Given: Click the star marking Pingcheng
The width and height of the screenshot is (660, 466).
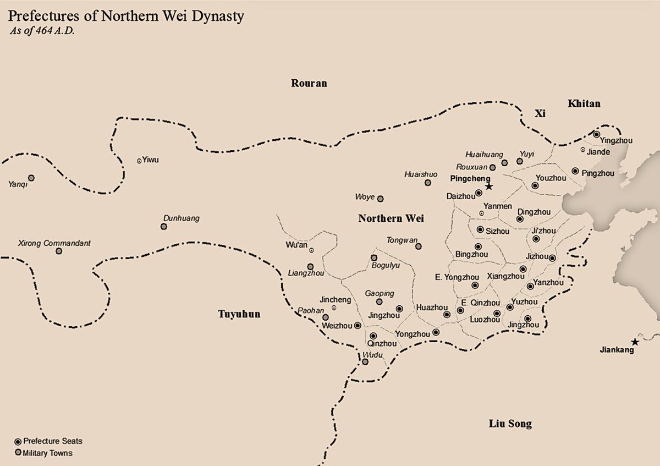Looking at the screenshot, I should click(489, 187).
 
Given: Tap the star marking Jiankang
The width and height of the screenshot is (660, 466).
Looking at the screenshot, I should click(635, 342).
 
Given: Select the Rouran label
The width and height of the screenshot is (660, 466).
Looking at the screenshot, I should click(309, 84).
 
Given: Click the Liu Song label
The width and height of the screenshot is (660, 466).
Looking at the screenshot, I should click(510, 424).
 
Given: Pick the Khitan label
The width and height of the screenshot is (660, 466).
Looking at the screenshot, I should click(584, 103).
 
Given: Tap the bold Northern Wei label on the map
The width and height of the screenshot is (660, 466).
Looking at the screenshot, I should click(391, 218).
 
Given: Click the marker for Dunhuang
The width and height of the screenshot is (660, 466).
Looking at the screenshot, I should click(163, 227).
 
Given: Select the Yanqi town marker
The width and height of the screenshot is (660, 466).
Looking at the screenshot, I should click(31, 178).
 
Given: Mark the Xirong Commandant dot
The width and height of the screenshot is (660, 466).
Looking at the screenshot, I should click(59, 251).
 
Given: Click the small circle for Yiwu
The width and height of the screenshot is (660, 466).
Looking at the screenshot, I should click(139, 161).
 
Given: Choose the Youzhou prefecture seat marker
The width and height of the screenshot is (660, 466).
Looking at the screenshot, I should click(535, 186).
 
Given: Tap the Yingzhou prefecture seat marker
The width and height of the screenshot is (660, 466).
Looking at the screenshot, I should click(596, 134).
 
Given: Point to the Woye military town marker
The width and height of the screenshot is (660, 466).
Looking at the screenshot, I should click(380, 199).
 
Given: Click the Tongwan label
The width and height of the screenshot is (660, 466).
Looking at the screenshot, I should click(398, 240).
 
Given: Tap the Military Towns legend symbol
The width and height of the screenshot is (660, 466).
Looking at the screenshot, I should click(18, 453).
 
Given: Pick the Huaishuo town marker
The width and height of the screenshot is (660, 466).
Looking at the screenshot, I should click(427, 182).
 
